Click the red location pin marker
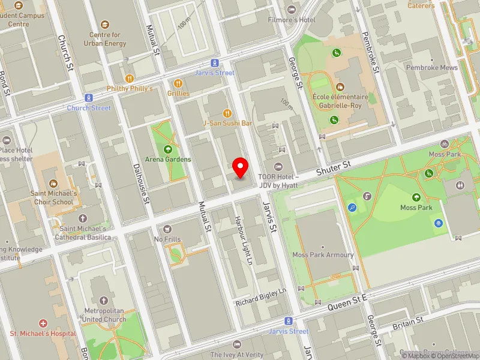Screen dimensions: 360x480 point(241,167)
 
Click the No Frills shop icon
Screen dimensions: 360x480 point(167,229)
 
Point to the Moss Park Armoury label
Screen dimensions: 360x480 point(323,255)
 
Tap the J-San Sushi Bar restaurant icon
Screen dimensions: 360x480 point(227,113)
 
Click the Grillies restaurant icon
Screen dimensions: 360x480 point(178,83)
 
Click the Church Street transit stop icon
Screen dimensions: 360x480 point(89,98)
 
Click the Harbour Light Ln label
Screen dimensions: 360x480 point(245,241)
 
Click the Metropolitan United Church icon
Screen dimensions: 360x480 point(105,300)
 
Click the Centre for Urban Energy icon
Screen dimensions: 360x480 point(106,25)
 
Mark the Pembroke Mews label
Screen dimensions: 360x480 point(431,68)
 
